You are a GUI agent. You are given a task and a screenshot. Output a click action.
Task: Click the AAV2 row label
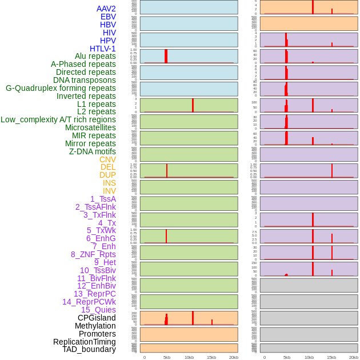click(106, 9)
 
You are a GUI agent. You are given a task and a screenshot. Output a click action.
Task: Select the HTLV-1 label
click(102, 49)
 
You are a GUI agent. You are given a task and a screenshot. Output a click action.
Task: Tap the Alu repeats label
click(95, 57)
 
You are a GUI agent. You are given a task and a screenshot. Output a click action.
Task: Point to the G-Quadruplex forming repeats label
click(61, 88)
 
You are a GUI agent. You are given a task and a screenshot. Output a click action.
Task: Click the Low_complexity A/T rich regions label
click(58, 119)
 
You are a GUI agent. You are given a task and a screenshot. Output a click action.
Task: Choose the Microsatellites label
click(90, 127)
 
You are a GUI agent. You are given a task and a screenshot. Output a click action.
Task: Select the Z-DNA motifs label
click(93, 151)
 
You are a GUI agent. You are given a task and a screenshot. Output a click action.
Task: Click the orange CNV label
click(107, 159)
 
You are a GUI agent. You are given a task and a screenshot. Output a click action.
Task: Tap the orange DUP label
click(107, 175)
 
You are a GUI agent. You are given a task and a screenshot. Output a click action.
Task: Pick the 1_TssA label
click(103, 199)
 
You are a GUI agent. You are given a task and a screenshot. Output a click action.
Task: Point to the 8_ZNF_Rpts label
click(93, 254)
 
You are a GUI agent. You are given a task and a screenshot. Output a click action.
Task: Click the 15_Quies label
click(98, 310)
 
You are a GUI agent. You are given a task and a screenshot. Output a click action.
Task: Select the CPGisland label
click(97, 318)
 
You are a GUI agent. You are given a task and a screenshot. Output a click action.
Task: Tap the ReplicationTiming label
click(85, 342)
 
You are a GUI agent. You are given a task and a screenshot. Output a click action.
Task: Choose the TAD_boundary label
click(89, 349)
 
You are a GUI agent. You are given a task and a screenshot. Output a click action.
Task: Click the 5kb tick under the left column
click(167, 357)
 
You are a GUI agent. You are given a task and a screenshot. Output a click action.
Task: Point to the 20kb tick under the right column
click(354, 357)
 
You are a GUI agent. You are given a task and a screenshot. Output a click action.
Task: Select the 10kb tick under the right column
click(309, 357)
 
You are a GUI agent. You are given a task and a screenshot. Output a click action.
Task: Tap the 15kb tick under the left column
click(211, 357)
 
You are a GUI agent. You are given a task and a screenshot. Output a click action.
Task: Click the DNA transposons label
click(85, 80)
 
